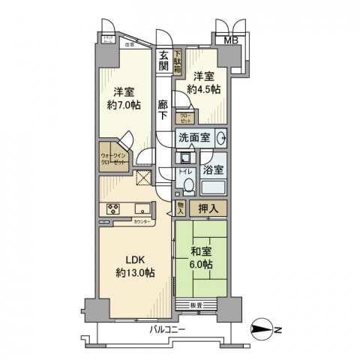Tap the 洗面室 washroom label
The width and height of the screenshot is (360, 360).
(193, 139)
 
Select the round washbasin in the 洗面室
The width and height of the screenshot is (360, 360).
(222, 139)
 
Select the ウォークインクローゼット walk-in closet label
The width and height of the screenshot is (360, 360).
(113, 160)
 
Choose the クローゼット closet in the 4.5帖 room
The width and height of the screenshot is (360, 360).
(185, 117)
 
